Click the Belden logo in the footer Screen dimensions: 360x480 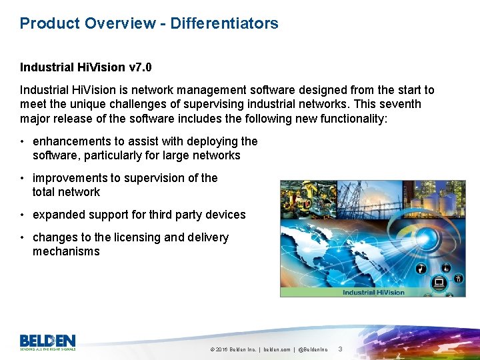pyautogui.click(x=47, y=341)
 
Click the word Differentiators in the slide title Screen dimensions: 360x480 pyautogui.click(x=224, y=23)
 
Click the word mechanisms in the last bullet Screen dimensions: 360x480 pyautogui.click(x=66, y=251)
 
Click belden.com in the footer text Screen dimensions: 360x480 pyautogui.click(x=277, y=349)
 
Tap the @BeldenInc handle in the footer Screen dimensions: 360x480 pyautogui.click(x=313, y=349)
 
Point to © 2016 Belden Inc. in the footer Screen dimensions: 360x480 pyautogui.click(x=233, y=349)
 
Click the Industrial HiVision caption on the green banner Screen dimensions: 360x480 pyautogui.click(x=373, y=292)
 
